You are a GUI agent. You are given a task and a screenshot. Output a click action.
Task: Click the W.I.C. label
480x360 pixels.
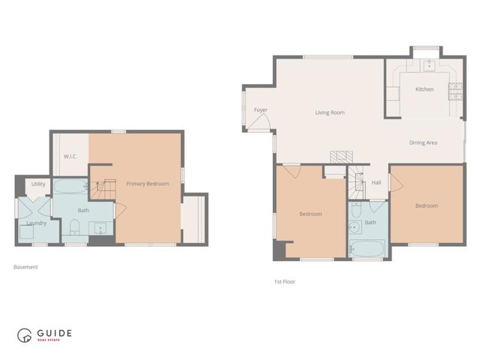pos(71,157)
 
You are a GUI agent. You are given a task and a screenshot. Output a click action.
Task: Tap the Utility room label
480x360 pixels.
pos(38,184)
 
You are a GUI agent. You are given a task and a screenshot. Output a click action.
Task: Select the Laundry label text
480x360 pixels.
pos(36,223)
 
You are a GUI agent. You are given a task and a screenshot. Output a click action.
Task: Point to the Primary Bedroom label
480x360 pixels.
pos(147,184)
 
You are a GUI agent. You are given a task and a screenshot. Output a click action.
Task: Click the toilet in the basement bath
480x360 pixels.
pos(74,227)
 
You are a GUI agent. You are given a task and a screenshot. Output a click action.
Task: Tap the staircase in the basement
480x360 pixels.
pos(103,190)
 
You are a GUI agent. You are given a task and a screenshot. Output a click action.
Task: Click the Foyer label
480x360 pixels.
pos(260,110)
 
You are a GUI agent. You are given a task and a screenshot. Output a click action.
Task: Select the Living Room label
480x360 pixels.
pos(329,112)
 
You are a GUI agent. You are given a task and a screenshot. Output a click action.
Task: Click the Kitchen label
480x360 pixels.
pos(424,89)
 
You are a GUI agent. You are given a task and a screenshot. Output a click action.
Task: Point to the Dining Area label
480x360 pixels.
pos(423,142)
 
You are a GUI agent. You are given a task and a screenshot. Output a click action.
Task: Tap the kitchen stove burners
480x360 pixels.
pos(454,91)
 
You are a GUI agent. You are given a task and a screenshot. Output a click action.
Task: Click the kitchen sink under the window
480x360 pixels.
pos(428,64)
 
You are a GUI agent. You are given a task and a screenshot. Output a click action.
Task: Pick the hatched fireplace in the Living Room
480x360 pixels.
pos(340,156)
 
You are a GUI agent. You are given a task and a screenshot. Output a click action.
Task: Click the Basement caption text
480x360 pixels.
pos(25,267)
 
